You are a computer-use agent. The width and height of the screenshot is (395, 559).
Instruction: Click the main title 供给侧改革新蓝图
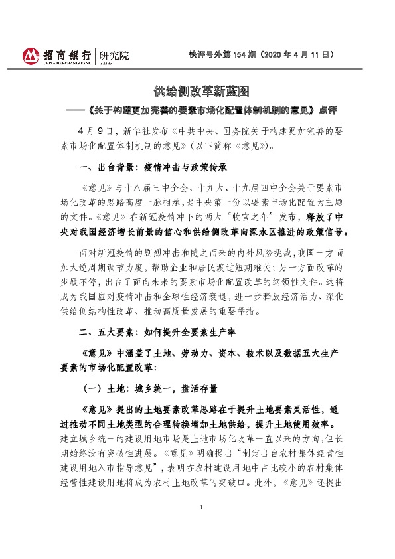tap(197, 90)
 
